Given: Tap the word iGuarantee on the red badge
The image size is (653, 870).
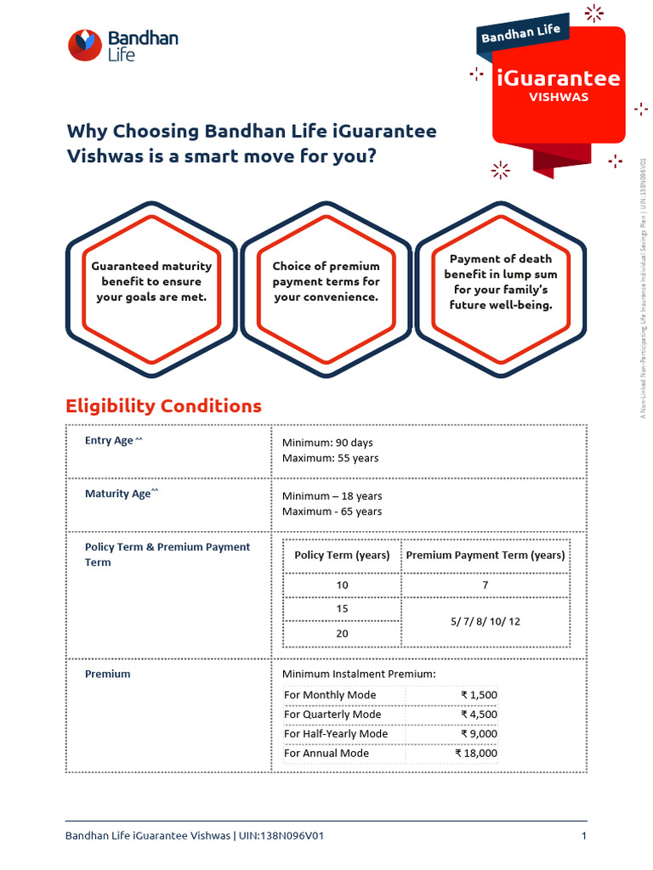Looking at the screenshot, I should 558,79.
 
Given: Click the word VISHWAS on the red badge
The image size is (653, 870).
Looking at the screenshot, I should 558,97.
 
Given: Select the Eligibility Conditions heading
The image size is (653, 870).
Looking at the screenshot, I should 163,406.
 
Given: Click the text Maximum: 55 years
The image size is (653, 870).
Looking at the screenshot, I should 330,458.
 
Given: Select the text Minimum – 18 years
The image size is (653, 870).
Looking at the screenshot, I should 332,496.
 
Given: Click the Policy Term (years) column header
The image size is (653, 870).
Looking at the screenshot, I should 342,556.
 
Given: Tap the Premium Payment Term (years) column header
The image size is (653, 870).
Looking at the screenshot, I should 485,556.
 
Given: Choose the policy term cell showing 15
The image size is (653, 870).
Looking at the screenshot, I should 342,609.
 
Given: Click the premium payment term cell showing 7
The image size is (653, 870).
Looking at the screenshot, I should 485,585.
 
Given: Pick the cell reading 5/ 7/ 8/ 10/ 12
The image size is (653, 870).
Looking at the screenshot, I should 485,622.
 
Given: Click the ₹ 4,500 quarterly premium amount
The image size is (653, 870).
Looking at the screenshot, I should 479,715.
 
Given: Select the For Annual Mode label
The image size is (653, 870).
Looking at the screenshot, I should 326,754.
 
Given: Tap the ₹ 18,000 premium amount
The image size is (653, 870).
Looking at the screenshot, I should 476,754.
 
